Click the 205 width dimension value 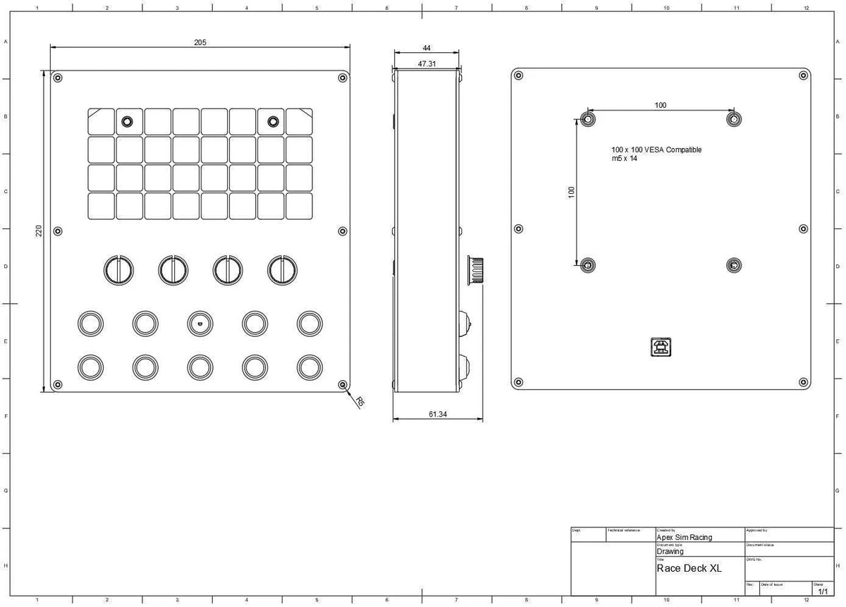[x=200, y=42]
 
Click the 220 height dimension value [x=39, y=231]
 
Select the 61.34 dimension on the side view [x=437, y=415]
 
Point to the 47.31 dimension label [x=427, y=63]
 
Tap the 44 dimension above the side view [x=427, y=48]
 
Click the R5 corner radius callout [x=360, y=402]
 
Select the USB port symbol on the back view [x=661, y=346]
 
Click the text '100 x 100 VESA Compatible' [x=656, y=150]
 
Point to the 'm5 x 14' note [x=624, y=160]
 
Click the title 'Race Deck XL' [x=689, y=568]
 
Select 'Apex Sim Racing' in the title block [x=684, y=537]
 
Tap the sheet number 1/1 [x=822, y=591]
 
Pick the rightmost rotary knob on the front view [x=282, y=269]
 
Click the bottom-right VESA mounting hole [x=734, y=265]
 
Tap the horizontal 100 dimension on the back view [x=660, y=106]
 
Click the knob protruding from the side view [x=474, y=269]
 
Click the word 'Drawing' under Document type [x=670, y=552]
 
